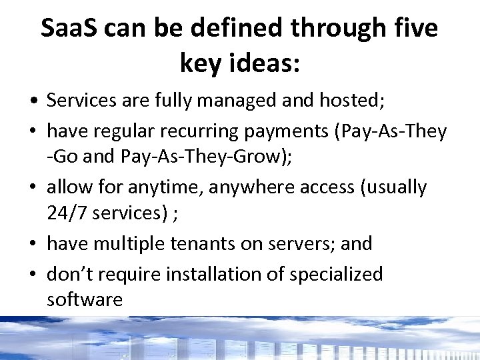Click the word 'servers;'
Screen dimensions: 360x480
[x=300, y=244]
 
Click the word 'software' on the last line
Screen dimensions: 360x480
[x=85, y=300]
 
